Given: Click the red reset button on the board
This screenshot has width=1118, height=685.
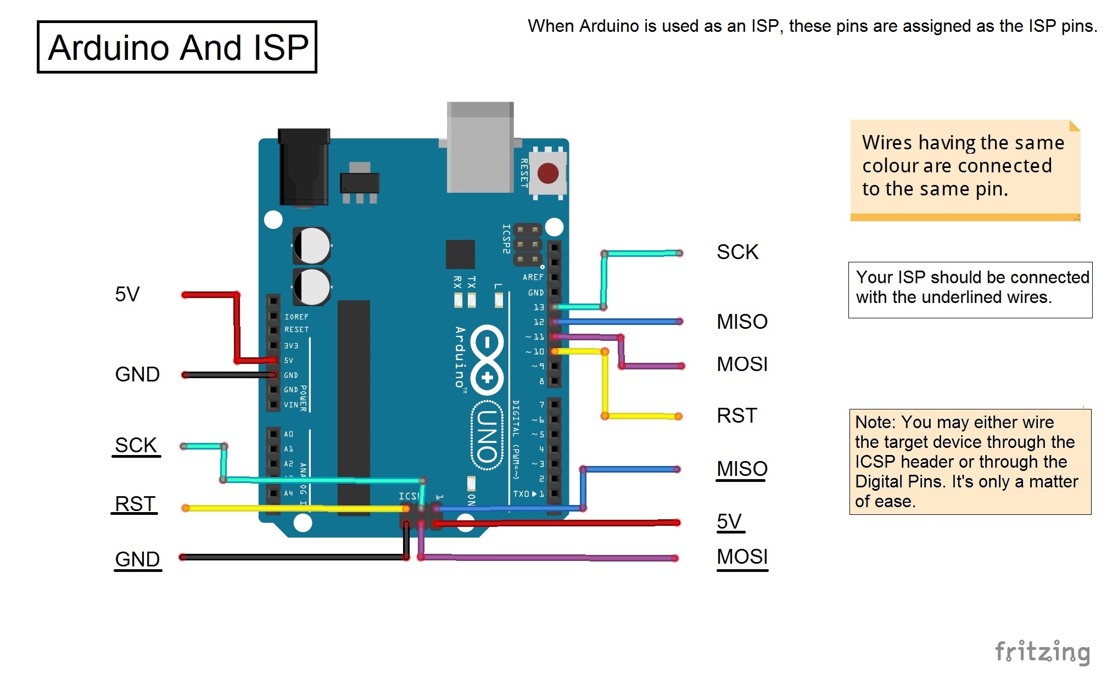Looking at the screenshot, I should (x=547, y=173).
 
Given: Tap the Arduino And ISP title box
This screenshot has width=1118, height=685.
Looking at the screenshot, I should (x=177, y=47).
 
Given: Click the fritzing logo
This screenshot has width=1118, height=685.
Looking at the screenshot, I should (x=1042, y=652).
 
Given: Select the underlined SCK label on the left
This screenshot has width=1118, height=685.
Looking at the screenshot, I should (x=136, y=445).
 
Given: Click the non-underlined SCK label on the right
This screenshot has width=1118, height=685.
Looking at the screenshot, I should (x=737, y=252).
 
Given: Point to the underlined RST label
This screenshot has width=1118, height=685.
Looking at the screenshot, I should (x=135, y=504).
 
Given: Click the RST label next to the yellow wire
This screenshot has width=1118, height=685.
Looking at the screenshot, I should (x=736, y=416).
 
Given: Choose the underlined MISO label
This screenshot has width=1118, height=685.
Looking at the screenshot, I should (x=741, y=469).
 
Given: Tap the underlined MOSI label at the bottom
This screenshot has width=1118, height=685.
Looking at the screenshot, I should (x=742, y=557).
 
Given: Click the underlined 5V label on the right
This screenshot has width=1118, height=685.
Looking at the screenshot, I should (x=729, y=521).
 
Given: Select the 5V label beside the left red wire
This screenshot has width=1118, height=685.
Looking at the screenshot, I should (x=127, y=294).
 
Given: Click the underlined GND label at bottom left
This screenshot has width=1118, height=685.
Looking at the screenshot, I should (x=137, y=559).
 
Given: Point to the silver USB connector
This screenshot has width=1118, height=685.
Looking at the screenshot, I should (x=480, y=147).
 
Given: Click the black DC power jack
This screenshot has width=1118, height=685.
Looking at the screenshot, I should (x=304, y=167).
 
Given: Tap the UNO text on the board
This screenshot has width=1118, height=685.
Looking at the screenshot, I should (x=487, y=436).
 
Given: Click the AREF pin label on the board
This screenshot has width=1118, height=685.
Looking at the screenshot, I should (x=533, y=277).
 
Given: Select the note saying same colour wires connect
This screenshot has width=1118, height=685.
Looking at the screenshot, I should (x=964, y=166).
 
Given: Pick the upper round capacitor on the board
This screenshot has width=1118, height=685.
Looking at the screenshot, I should (x=311, y=245).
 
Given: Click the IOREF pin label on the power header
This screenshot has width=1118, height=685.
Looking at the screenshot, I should (x=296, y=317).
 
